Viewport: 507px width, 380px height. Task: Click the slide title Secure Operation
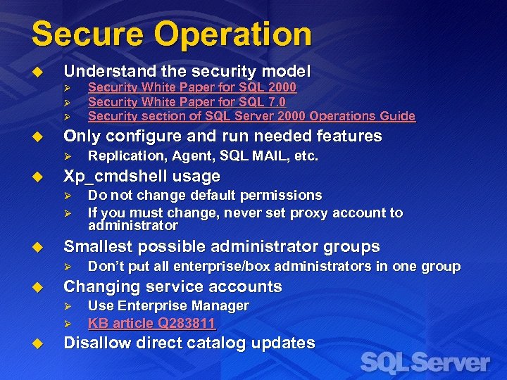(171, 34)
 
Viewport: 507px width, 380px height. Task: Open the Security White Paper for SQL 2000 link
(192, 87)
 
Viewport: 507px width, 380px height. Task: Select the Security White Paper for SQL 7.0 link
(187, 102)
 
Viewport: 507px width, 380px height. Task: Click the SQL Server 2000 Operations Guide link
(251, 116)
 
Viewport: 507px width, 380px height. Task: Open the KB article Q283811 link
(151, 324)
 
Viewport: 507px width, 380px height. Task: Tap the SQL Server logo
(425, 363)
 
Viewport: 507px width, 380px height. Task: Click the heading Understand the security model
(187, 70)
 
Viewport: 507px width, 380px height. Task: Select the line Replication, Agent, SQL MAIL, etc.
(203, 156)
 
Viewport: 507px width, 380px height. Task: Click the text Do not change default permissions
(204, 195)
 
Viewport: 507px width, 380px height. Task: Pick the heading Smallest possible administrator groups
(221, 246)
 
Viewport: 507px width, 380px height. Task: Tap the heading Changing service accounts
(173, 286)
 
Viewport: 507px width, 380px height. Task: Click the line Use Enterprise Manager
(168, 306)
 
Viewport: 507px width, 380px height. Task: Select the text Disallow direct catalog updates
(189, 343)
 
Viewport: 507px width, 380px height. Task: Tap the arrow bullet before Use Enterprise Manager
(68, 307)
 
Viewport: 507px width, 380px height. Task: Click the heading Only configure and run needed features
(223, 136)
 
